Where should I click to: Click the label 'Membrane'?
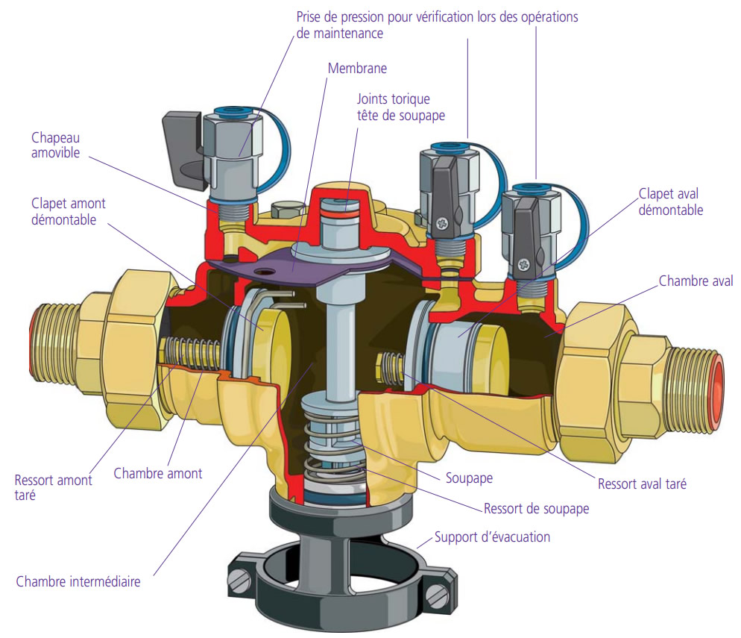357,69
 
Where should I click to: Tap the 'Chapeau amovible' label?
56,146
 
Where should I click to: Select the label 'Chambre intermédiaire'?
78,581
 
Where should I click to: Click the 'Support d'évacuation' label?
493,537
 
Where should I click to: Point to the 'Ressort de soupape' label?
537,509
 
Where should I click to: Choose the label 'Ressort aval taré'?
642,484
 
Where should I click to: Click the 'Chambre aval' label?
696,281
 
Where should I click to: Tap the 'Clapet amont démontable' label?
69,211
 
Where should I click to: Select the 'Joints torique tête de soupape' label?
401,107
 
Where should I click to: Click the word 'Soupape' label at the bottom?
469,478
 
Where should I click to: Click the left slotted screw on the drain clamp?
239,582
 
